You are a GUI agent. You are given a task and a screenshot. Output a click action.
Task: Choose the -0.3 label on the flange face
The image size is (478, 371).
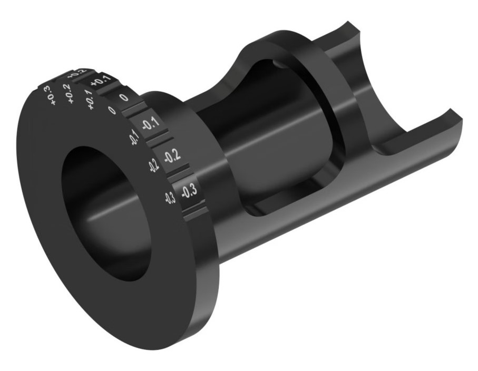[x=170, y=198]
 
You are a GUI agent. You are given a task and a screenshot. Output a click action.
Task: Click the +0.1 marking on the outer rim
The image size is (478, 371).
[x=101, y=82]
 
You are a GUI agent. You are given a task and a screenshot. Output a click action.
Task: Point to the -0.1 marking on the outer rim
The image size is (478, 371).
[x=149, y=125]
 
